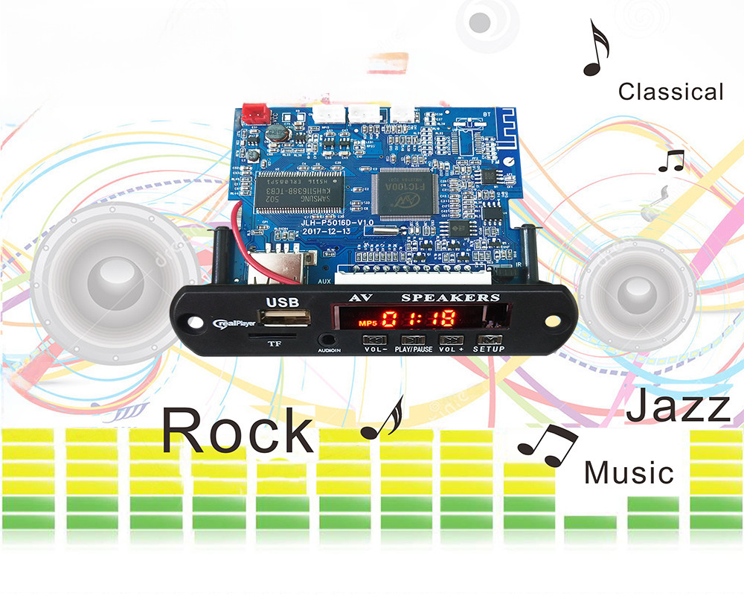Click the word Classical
(x=670, y=92)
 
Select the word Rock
(x=237, y=431)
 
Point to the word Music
(x=629, y=473)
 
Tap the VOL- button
(x=373, y=339)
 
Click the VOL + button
(x=452, y=339)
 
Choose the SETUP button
(x=488, y=339)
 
